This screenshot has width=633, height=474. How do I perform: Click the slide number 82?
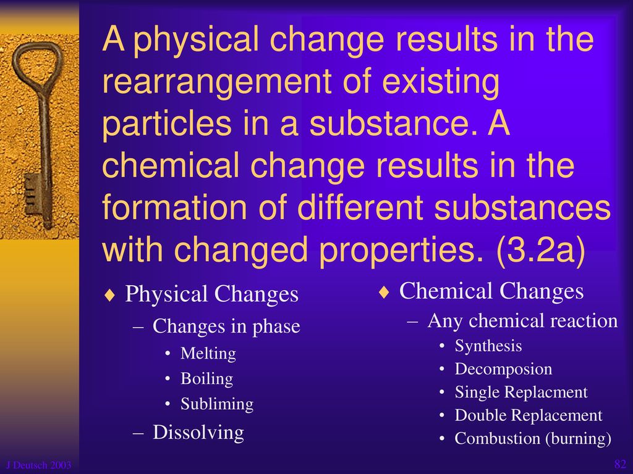[620, 464]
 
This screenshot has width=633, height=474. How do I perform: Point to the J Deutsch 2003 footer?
[39, 465]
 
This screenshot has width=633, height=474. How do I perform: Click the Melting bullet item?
[208, 354]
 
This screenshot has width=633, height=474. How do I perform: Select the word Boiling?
[206, 379]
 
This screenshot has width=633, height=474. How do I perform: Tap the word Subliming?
[217, 404]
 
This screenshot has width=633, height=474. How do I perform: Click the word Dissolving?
[198, 433]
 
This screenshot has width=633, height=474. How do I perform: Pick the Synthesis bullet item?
[488, 346]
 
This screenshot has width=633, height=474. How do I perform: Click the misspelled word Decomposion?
[503, 369]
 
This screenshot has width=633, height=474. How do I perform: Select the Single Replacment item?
[521, 392]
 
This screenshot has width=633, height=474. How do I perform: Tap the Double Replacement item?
[529, 415]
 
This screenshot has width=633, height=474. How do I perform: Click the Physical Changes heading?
[211, 294]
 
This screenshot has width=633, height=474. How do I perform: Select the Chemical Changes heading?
[491, 291]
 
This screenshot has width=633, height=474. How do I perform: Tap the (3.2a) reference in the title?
[541, 249]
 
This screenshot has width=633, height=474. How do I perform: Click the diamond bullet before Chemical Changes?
[384, 292]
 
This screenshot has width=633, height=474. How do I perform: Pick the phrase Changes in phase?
[226, 327]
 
